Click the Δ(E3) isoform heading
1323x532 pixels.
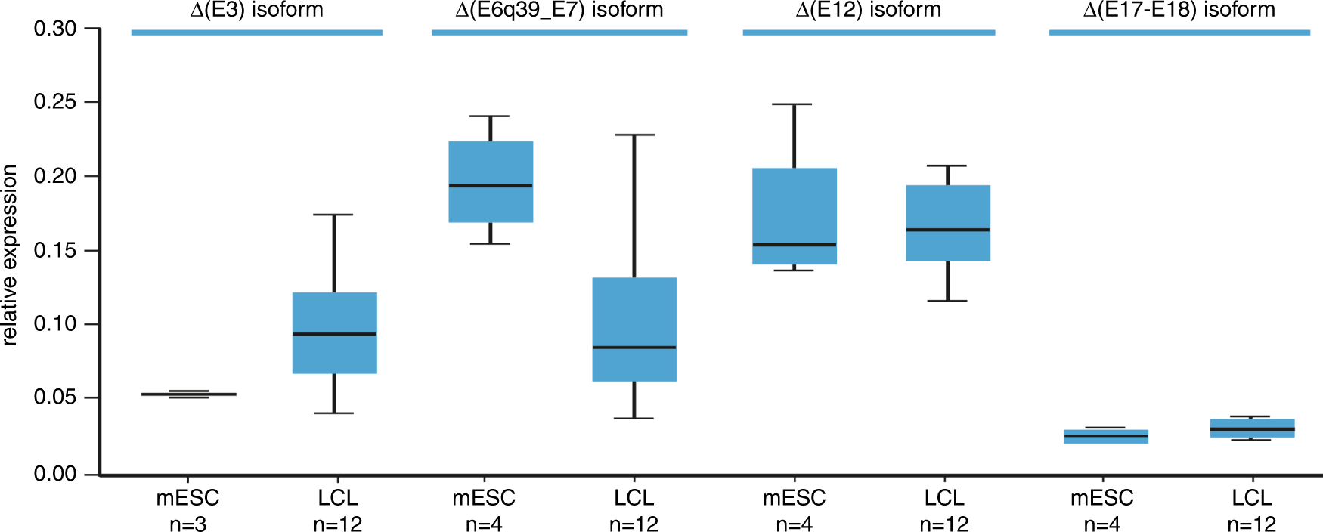pos(256,10)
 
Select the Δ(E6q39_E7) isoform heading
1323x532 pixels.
pos(559,10)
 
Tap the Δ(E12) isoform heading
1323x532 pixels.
pos(868,10)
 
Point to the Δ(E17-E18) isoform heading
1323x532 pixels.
pos(1179,10)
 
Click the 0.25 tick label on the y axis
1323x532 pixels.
pos(55,102)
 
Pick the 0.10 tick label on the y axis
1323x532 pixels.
pos(55,323)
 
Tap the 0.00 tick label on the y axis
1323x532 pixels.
pos(55,474)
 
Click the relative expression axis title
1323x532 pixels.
pos(10,255)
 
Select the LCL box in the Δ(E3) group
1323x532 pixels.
pos(334,314)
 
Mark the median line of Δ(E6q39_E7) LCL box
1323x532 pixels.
pos(634,348)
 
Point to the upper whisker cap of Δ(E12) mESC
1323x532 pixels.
pos(795,104)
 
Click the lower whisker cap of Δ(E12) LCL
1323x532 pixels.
pos(947,301)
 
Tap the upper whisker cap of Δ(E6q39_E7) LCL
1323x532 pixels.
pos(634,135)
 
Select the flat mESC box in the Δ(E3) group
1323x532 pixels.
pos(189,394)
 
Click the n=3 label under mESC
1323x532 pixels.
pos(187,524)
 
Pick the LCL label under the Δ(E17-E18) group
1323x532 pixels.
pos(1252,498)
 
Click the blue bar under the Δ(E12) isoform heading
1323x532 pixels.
pos(869,32)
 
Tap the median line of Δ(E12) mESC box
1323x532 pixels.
pos(795,245)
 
